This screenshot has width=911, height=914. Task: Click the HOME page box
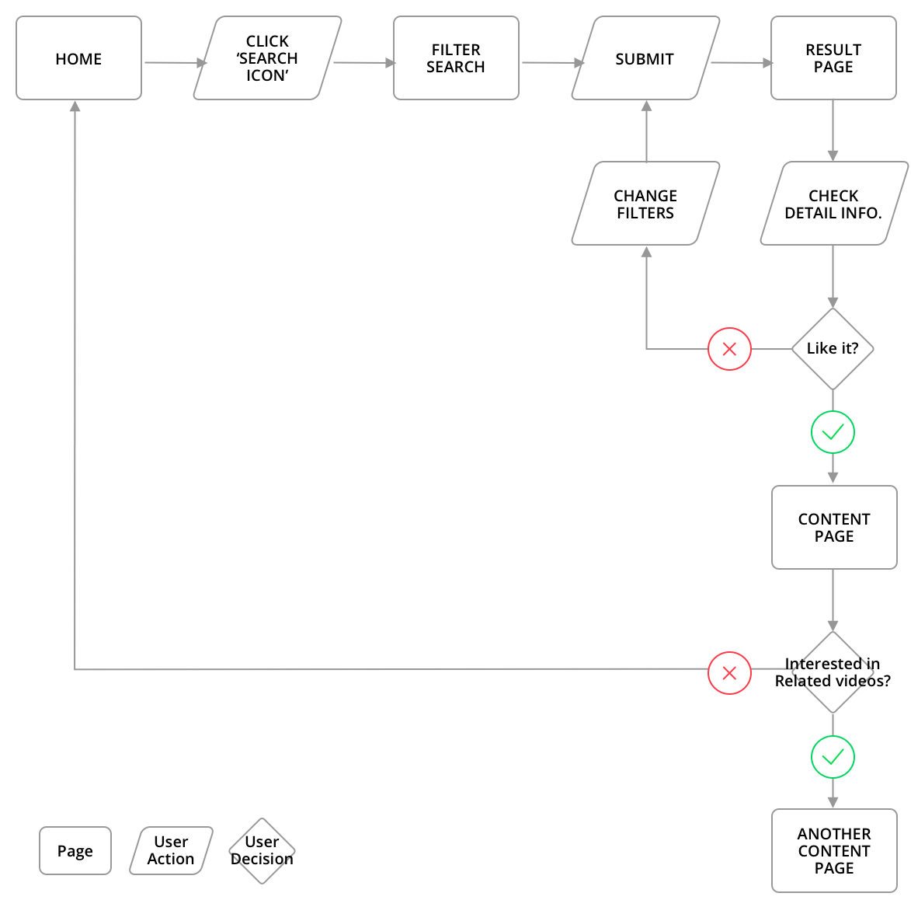point(78,58)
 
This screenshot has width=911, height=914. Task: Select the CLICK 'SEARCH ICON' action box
point(267,58)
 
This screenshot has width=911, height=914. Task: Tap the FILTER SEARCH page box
point(456,58)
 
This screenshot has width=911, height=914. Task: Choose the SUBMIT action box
point(645,58)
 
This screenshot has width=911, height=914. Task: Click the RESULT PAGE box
point(833,58)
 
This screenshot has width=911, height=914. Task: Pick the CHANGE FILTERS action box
point(645,204)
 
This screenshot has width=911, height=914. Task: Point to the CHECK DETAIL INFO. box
point(833,204)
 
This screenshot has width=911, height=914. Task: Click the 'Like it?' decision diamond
point(833,349)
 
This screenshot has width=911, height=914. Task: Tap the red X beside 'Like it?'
point(729,349)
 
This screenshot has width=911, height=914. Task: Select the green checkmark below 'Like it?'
point(833,432)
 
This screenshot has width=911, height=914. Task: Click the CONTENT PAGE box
point(834,528)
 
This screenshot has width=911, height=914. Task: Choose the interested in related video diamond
point(833,672)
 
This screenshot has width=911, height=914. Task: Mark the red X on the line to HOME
point(729,673)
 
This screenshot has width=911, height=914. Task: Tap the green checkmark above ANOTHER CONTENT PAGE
point(833,756)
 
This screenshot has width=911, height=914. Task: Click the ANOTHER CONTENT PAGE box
point(834,850)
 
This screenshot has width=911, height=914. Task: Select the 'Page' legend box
point(75,851)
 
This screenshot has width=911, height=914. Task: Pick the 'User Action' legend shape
point(171,850)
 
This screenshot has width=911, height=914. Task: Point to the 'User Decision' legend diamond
point(263,850)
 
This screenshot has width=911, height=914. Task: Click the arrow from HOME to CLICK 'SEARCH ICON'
point(176,63)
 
